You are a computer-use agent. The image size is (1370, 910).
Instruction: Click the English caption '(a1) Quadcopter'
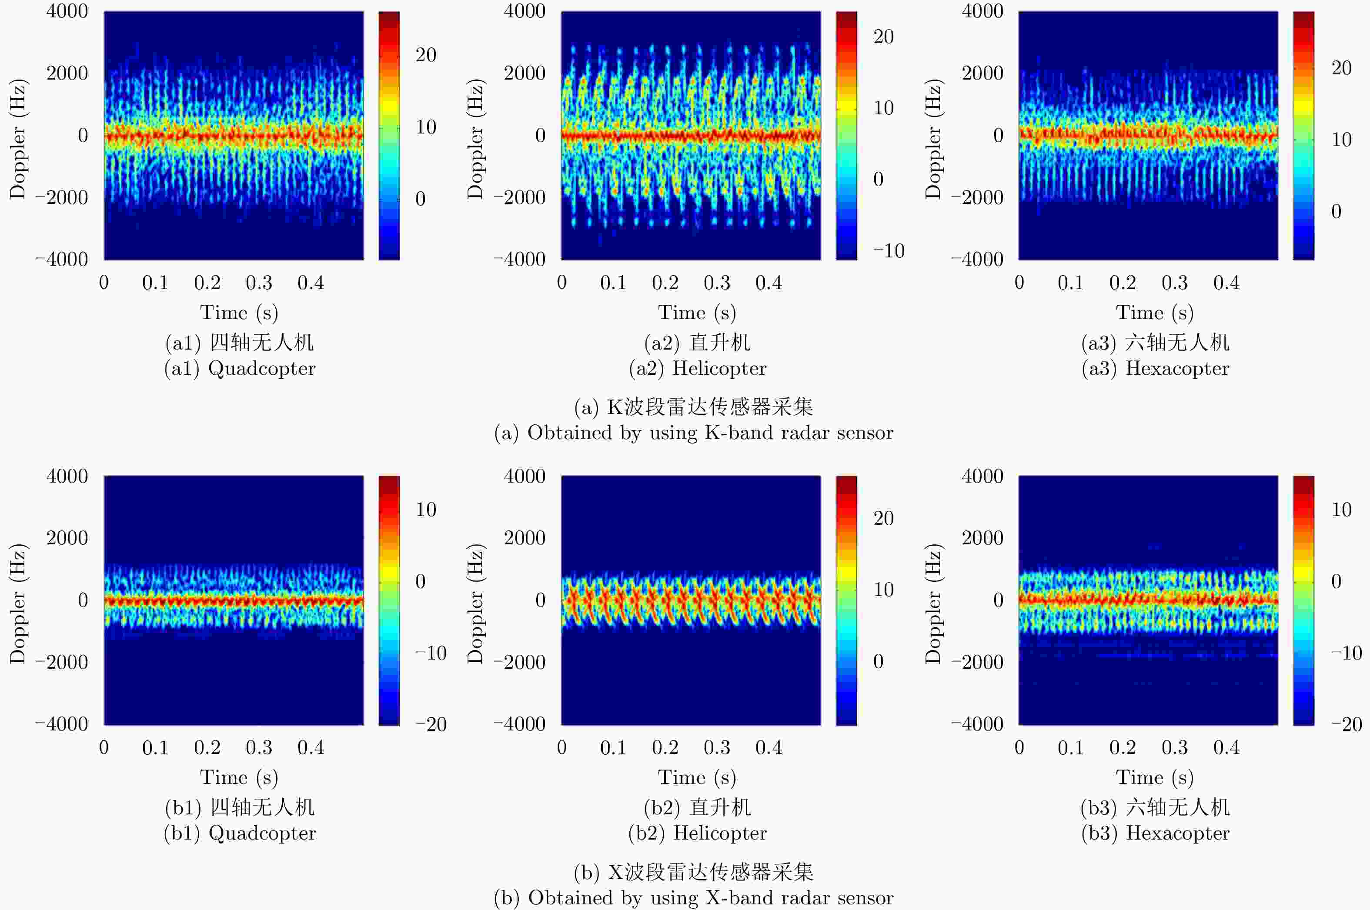240,369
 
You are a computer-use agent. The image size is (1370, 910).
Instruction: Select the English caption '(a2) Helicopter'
697,369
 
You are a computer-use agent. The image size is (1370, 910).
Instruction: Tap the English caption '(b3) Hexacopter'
1155,833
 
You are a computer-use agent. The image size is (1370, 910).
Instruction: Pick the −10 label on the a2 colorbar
889,251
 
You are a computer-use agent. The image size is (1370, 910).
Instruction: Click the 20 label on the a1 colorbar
425,55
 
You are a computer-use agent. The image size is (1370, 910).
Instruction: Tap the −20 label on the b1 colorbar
431,724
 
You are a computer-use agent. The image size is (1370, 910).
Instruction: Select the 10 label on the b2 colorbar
883,590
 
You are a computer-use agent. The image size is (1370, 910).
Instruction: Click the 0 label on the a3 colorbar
1337,211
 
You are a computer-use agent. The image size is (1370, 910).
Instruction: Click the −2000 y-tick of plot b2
520,662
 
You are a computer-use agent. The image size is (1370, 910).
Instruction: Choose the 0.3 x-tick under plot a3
1174,283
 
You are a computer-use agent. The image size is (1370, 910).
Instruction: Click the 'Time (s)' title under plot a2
697,313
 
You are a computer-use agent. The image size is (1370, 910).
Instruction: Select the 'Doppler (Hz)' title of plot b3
933,603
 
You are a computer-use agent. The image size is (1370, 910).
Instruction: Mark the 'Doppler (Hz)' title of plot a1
17,139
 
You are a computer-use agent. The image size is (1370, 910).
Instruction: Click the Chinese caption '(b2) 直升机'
697,807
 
